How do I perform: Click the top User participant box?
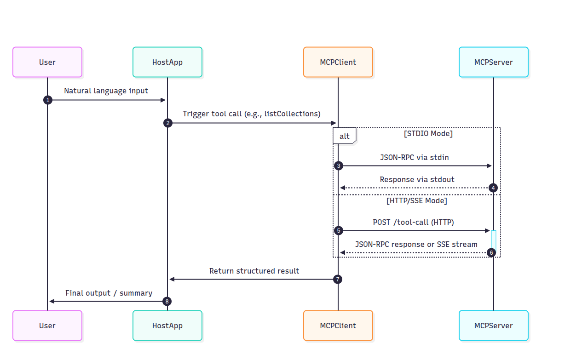(x=47, y=62)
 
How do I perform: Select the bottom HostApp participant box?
(x=167, y=326)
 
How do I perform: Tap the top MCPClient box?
(x=338, y=62)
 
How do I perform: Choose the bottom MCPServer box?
(x=493, y=326)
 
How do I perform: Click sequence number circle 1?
(x=48, y=100)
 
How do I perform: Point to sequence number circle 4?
(x=493, y=188)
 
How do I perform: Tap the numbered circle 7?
(x=338, y=280)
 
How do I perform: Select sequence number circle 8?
(x=167, y=301)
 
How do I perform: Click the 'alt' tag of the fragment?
(x=345, y=136)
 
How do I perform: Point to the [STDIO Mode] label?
(x=428, y=133)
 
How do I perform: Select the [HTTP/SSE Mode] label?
(x=417, y=201)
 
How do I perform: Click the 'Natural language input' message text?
(x=106, y=91)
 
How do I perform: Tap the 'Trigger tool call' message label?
(x=252, y=114)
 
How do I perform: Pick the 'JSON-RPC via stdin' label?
(x=415, y=157)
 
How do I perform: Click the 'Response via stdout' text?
(x=417, y=179)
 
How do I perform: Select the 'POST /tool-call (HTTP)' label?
(x=413, y=223)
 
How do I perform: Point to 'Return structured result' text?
(x=254, y=271)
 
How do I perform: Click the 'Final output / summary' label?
(x=109, y=293)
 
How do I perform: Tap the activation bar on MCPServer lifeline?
(x=493, y=241)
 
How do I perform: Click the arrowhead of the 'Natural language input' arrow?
(x=163, y=100)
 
